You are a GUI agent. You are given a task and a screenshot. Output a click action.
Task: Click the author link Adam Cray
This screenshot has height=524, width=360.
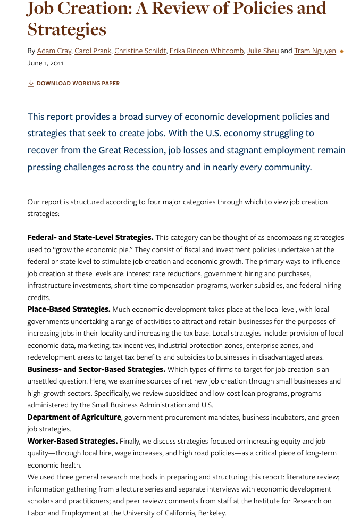point(54,51)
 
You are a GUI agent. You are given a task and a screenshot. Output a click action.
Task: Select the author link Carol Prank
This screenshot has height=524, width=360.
point(93,51)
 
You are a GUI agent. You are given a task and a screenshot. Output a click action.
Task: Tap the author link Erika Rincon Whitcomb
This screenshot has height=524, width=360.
point(207,51)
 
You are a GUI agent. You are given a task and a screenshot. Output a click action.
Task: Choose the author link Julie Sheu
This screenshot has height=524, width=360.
point(263,51)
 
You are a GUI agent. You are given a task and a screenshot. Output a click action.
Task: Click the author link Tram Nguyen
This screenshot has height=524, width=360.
point(315,51)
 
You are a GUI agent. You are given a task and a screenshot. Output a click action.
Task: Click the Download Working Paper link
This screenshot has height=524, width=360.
point(78,84)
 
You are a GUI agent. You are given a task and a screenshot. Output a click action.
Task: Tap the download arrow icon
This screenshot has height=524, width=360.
point(31,84)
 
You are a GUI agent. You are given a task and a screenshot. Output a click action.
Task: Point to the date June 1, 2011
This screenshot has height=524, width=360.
point(45,63)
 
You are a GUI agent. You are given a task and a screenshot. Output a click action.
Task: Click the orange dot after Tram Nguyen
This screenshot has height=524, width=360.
point(341,52)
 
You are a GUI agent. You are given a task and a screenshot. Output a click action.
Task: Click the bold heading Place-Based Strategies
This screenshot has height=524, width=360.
point(69,310)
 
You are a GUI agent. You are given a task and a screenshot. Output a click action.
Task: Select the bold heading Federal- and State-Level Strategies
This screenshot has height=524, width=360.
point(90,238)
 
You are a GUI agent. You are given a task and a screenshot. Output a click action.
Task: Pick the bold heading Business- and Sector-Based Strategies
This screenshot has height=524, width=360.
point(96,369)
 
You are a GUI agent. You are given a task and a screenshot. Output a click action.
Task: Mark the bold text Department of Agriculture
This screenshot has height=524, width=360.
point(74,418)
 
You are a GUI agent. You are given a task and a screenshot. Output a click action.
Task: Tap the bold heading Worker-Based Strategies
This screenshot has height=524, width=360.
point(72,442)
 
